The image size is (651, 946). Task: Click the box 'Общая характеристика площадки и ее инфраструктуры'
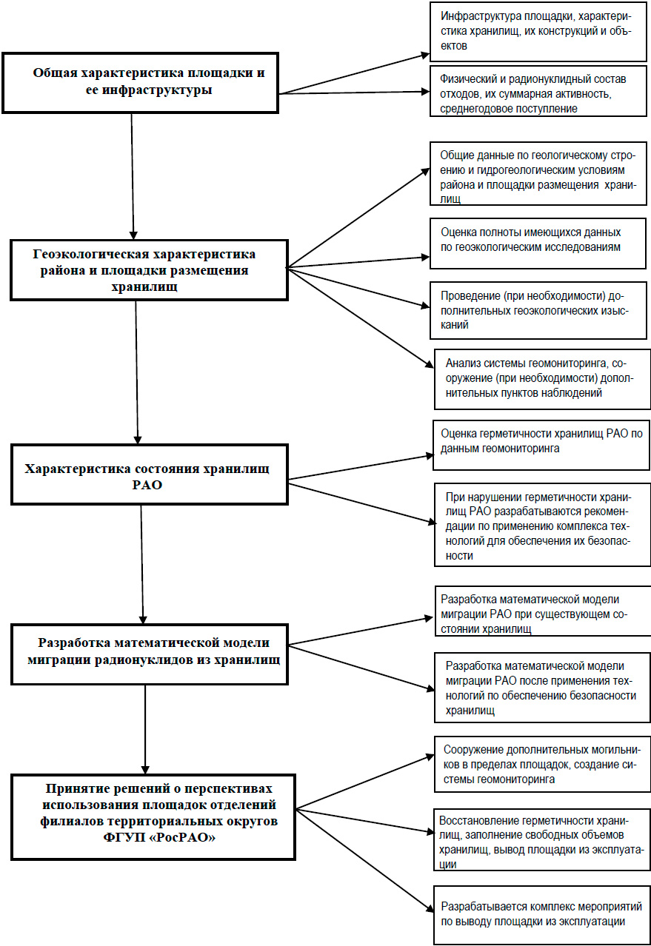pyautogui.click(x=140, y=83)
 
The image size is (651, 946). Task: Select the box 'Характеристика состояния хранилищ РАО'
pyautogui.click(x=150, y=474)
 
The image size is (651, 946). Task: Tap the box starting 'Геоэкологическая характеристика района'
pyautogui.click(x=149, y=270)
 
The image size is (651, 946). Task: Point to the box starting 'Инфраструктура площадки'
pyautogui.click(x=538, y=31)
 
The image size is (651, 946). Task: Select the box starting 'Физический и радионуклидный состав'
pyautogui.click(x=538, y=91)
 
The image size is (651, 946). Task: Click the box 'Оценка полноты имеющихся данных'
pyautogui.click(x=538, y=244)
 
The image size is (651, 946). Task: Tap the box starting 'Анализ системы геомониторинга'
pyautogui.click(x=542, y=379)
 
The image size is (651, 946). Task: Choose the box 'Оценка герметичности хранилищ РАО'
pyautogui.click(x=541, y=445)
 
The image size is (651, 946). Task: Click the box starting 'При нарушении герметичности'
pyautogui.click(x=542, y=525)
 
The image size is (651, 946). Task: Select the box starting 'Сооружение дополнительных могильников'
pyautogui.click(x=542, y=764)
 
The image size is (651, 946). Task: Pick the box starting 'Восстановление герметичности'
pyautogui.click(x=542, y=840)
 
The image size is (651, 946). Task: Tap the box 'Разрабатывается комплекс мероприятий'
pyautogui.click(x=542, y=916)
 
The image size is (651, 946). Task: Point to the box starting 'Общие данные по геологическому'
pyautogui.click(x=538, y=173)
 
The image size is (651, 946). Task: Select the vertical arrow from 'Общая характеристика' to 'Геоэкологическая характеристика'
pyautogui.click(x=133, y=176)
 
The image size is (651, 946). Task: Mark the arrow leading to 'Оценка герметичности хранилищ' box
pyautogui.click(x=361, y=467)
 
